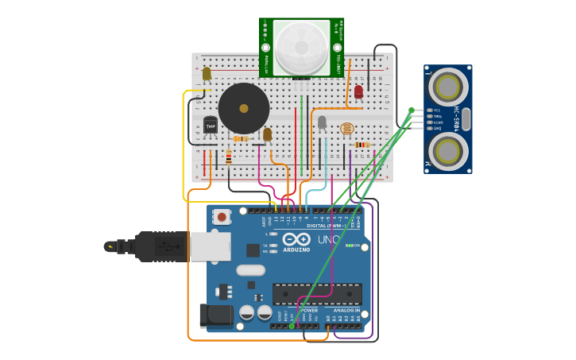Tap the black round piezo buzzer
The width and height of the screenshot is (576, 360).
244,108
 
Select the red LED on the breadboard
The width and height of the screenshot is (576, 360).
358,91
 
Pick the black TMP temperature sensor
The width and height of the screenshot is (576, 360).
210,125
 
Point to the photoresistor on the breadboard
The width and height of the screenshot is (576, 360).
346,127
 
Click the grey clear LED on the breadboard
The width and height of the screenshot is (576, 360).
322,122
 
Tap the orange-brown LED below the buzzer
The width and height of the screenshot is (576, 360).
267,134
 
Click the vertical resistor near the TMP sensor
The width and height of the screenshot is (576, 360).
229,157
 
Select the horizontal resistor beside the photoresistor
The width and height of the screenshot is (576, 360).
362,145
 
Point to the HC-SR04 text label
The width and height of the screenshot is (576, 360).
457,118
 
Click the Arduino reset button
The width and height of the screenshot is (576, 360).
222,216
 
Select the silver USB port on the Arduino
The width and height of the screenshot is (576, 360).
211,246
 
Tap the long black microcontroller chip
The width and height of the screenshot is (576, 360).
317,294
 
